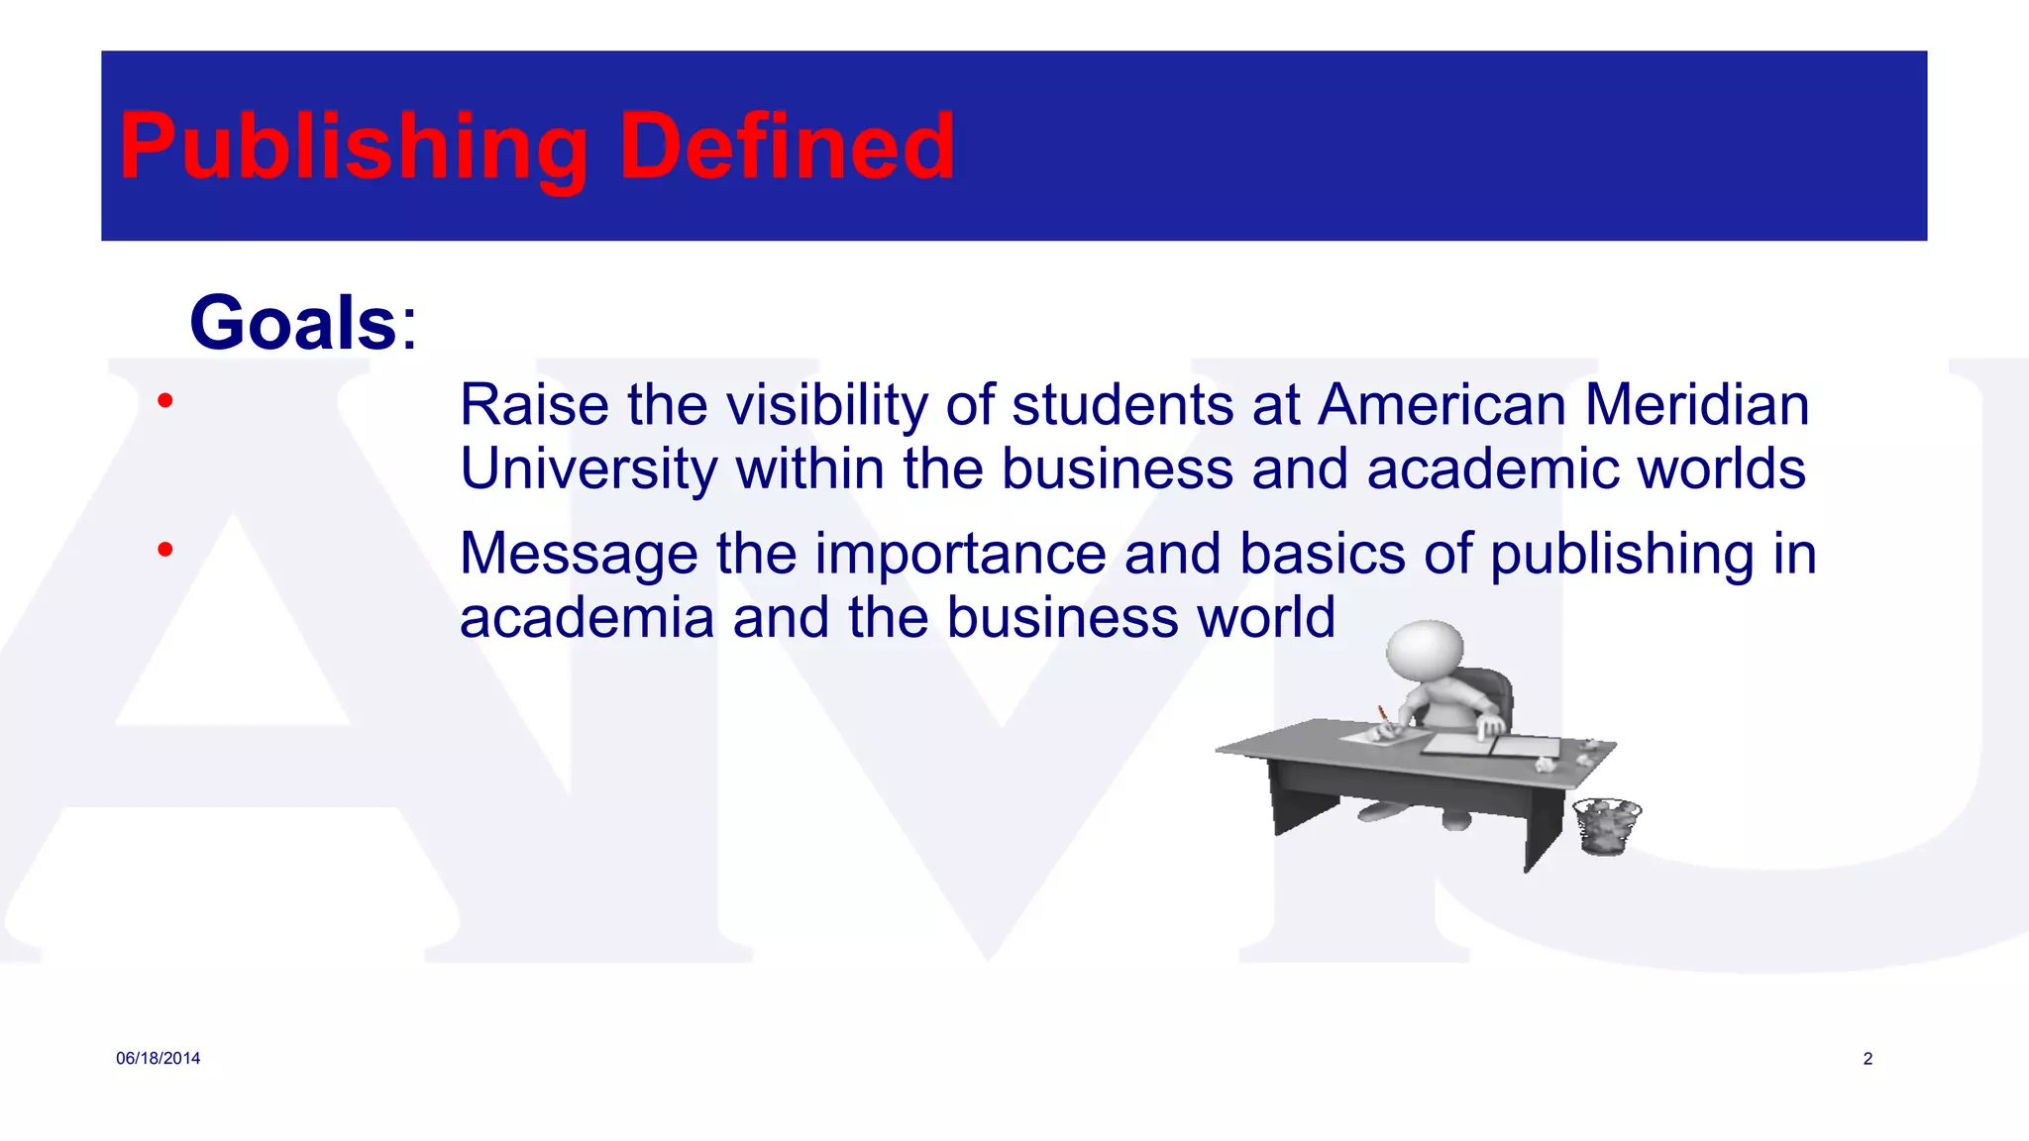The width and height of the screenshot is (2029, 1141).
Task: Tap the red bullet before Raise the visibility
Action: click(165, 401)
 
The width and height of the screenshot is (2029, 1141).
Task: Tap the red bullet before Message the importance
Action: click(165, 549)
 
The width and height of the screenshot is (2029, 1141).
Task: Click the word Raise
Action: click(534, 405)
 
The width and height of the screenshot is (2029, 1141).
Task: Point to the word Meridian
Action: click(1696, 405)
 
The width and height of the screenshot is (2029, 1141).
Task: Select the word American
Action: click(1442, 405)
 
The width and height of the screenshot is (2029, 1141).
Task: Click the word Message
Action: click(579, 554)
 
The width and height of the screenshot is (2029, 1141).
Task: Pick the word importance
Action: click(960, 554)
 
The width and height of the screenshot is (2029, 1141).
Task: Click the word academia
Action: click(587, 618)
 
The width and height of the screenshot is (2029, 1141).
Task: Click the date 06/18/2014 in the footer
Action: click(158, 1059)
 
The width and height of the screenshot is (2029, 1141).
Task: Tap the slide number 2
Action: click(1868, 1059)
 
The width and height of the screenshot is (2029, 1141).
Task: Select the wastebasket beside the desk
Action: click(1606, 826)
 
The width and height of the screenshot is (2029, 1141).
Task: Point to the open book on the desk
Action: click(1486, 746)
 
